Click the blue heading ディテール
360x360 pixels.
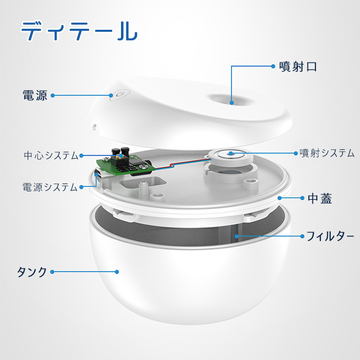(79, 31)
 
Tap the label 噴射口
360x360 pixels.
(298, 67)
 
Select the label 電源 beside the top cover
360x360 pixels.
(35, 95)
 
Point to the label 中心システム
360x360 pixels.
(51, 155)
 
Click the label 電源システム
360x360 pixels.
(50, 187)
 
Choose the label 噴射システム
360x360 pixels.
(327, 153)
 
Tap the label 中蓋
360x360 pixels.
(320, 198)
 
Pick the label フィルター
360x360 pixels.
(330, 236)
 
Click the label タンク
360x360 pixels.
(32, 272)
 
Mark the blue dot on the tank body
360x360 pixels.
(117, 272)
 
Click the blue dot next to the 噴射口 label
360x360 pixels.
(273, 66)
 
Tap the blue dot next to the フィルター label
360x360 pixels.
(302, 236)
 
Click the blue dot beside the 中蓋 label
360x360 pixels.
(302, 198)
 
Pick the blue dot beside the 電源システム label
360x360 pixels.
(81, 187)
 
